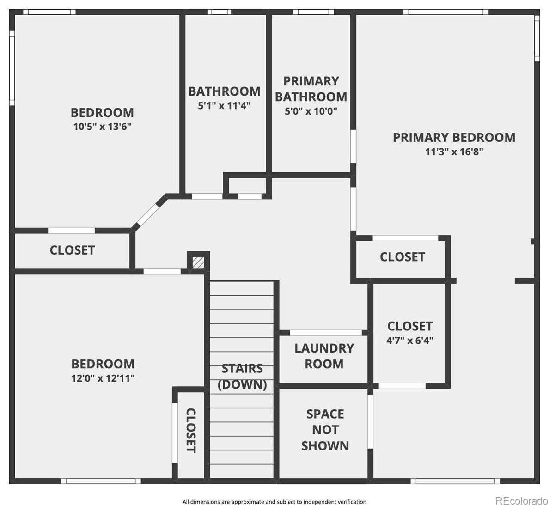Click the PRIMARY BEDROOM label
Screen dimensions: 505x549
pyautogui.click(x=454, y=137)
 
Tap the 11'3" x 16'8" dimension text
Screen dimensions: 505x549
pyautogui.click(x=454, y=152)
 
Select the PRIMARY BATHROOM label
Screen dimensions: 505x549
pyautogui.click(x=311, y=89)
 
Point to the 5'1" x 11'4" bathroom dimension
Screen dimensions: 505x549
pyautogui.click(x=224, y=106)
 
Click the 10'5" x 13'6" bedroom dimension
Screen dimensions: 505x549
pyautogui.click(x=102, y=127)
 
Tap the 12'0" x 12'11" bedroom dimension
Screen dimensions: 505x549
pyautogui.click(x=103, y=378)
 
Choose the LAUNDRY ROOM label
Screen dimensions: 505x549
pyautogui.click(x=324, y=356)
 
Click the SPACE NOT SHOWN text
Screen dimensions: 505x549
pyautogui.click(x=325, y=430)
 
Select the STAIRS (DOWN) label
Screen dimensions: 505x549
pyautogui.click(x=242, y=376)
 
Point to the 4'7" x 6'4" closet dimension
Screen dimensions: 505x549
pyautogui.click(x=410, y=341)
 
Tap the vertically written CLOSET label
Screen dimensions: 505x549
pyautogui.click(x=190, y=430)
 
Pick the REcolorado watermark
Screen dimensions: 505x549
pyautogui.click(x=521, y=500)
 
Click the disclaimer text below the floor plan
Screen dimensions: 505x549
pyautogui.click(x=274, y=502)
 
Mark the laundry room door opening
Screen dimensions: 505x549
pyautogui.click(x=325, y=333)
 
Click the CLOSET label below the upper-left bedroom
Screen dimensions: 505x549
pyautogui.click(x=72, y=250)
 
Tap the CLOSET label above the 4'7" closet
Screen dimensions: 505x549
pyautogui.click(x=402, y=257)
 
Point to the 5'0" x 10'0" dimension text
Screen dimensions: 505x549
pyautogui.click(x=311, y=111)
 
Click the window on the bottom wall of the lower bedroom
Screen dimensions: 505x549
pyautogui.click(x=101, y=481)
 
